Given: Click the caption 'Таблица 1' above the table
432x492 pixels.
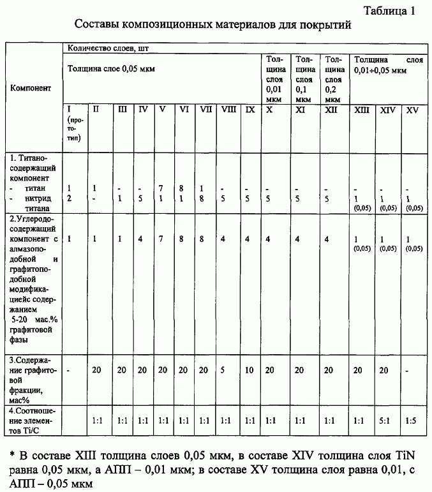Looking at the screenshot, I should pyautogui.click(x=391, y=11).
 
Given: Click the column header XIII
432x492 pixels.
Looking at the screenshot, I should pyautogui.click(x=362, y=110).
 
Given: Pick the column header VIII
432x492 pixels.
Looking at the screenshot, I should pyautogui.click(x=228, y=110).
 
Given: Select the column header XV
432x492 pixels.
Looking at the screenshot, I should pyautogui.click(x=412, y=110).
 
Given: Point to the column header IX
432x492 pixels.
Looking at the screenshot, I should pyautogui.click(x=250, y=110).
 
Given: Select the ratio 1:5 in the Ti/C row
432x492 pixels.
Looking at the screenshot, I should pyautogui.click(x=412, y=422).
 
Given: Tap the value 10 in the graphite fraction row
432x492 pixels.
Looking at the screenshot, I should pyautogui.click(x=250, y=369).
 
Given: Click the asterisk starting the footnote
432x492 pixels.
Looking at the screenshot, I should pyautogui.click(x=12, y=456).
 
